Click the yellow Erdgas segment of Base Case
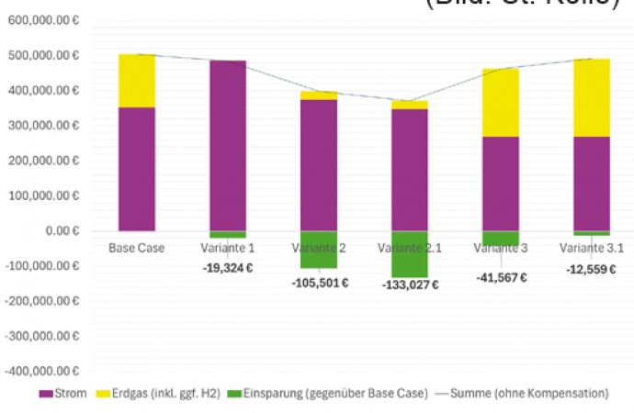(x=136, y=81)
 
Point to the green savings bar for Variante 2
(x=318, y=250)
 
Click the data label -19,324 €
(x=227, y=268)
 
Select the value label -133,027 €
(x=409, y=285)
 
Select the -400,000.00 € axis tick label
(x=42, y=372)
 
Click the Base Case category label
(x=136, y=248)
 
